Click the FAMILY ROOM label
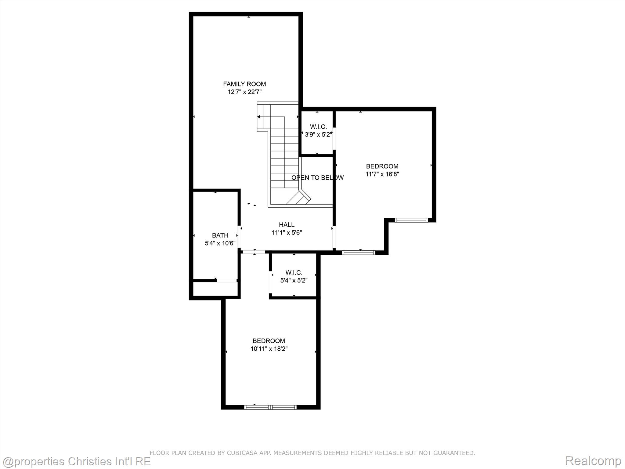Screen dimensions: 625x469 coord(244,84)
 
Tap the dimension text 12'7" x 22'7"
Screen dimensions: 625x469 coord(245,92)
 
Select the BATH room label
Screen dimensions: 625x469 coord(220,235)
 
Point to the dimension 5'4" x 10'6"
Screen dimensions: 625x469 coord(220,243)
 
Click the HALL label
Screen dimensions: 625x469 coord(287,225)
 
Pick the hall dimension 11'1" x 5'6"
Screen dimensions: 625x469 coord(287,233)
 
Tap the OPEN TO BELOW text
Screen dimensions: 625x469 coord(318,178)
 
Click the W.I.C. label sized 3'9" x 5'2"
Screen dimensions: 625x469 coord(318,127)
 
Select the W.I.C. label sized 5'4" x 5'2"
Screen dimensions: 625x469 coord(294,272)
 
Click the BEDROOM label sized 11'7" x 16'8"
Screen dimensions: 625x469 coord(382,166)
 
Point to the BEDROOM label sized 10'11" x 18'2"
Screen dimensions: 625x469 coord(269,341)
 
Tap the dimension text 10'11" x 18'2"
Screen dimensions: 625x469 coord(269,349)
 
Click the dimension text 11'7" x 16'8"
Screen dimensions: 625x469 coord(382,174)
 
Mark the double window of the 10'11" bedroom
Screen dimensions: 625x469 coord(270,407)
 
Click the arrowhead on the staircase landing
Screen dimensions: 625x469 coord(259,117)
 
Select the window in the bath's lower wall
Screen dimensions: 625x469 coord(227,280)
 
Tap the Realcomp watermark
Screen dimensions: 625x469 coord(593,461)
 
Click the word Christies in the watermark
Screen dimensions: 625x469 coord(91,461)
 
